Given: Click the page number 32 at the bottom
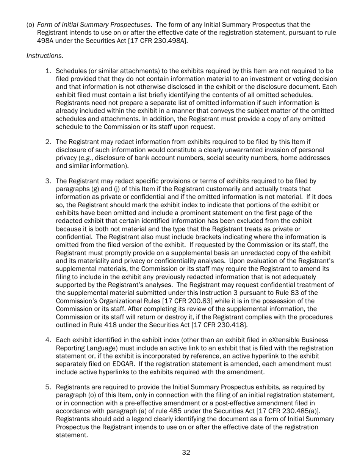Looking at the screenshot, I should pos(186,452).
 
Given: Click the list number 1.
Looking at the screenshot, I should pos(49,71).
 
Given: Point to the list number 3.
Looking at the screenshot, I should pos(49,181).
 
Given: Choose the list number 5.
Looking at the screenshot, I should pos(49,387).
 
